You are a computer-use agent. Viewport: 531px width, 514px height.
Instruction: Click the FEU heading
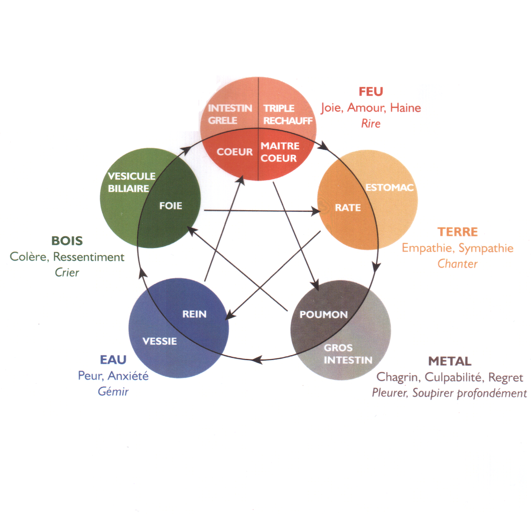tap(371, 91)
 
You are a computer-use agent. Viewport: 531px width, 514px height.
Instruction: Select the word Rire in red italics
tap(370, 124)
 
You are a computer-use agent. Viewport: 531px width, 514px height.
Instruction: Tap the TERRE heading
tap(457, 232)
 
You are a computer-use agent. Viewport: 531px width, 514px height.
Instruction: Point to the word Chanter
tap(457, 263)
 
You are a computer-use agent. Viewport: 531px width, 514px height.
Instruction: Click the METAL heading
tap(450, 361)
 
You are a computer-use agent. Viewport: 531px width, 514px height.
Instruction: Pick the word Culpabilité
tap(457, 377)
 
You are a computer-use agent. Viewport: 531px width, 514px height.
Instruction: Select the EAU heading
tap(113, 359)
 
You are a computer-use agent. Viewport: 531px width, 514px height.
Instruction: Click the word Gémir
tap(113, 391)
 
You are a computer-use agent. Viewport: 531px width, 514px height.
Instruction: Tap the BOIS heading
tap(67, 240)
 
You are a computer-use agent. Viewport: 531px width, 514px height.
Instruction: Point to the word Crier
tap(67, 272)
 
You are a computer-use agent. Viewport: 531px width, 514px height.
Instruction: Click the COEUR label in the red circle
tap(234, 152)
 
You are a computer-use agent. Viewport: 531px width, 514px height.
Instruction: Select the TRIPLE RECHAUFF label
tap(287, 115)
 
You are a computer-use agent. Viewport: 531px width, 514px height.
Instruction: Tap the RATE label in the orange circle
tap(348, 208)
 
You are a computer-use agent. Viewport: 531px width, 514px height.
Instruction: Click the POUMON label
tap(323, 315)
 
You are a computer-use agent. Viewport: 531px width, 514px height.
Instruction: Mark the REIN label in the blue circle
tap(194, 314)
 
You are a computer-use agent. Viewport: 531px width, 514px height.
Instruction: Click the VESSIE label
tap(160, 341)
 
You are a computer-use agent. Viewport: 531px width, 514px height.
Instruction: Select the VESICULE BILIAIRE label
tap(132, 182)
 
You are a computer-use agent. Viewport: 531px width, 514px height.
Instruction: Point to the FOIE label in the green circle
tap(170, 206)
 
